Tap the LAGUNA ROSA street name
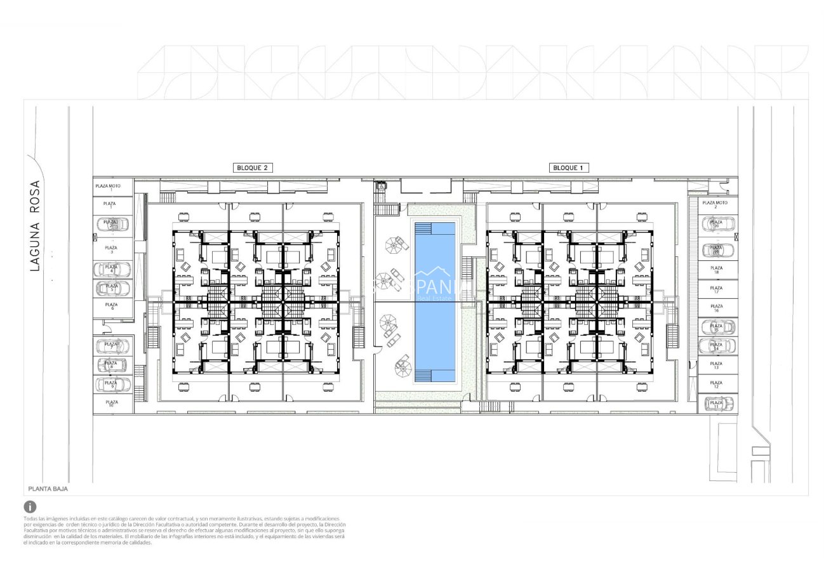point(35,226)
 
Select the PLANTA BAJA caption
point(48,489)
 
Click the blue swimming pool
point(435,301)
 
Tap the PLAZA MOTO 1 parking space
point(112,187)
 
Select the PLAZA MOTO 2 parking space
point(716,204)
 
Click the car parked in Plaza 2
point(112,224)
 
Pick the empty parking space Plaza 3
point(112,248)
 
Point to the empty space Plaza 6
point(112,307)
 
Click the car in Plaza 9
point(112,385)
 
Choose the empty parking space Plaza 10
point(112,404)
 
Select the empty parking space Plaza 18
point(716,270)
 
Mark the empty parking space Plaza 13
point(716,366)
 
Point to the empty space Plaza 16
point(716,308)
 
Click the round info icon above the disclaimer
point(30,506)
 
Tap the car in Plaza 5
point(112,288)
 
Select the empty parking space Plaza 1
point(112,205)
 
